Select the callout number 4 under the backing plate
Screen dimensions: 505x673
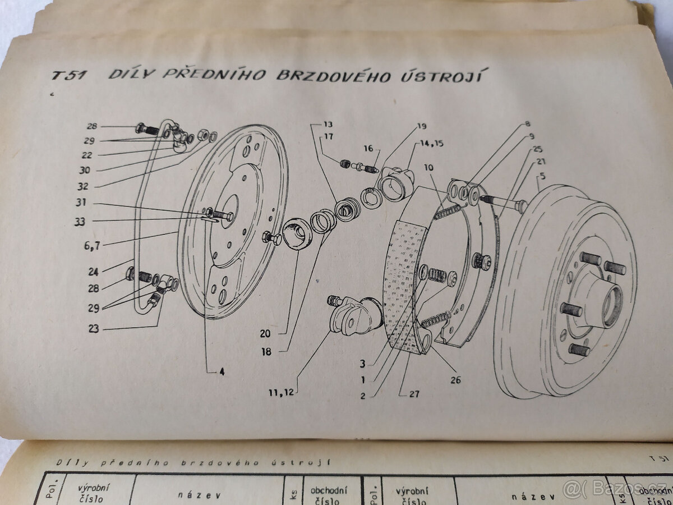[x=223, y=371]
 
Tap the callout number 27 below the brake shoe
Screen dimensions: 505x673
[x=414, y=394]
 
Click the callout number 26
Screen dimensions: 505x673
[x=455, y=380]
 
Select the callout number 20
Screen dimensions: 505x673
[x=265, y=333]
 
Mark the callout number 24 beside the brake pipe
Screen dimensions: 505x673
[x=93, y=272]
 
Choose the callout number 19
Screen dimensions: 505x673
[x=421, y=127]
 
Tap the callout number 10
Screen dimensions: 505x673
[x=429, y=167]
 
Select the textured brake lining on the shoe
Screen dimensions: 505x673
[x=403, y=281]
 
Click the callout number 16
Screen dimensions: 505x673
[x=368, y=149]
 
